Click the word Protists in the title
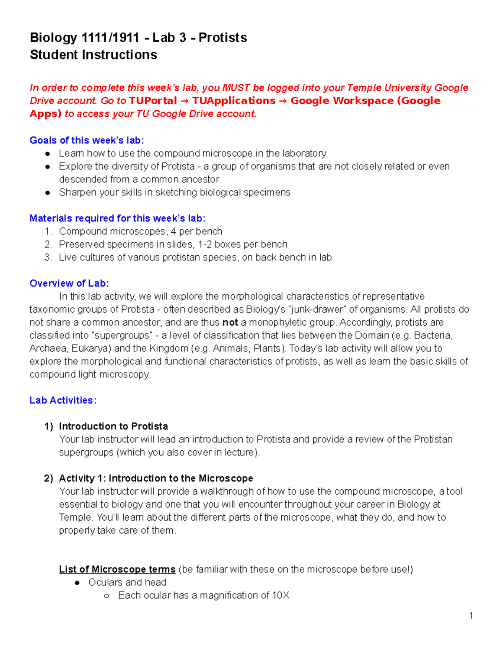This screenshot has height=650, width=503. [223, 38]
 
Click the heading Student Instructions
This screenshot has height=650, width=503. [93, 55]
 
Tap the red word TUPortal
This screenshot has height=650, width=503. [153, 101]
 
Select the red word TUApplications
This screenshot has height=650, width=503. [233, 101]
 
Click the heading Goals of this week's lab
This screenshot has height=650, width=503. [86, 140]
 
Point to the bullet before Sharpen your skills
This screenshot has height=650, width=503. [48, 193]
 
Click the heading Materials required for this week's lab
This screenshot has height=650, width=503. [117, 218]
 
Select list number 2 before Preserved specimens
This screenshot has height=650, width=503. [48, 244]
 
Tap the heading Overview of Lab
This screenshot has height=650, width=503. [69, 283]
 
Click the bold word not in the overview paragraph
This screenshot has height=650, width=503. [230, 323]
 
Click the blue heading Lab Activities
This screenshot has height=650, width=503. [63, 401]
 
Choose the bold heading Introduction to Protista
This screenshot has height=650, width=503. [113, 426]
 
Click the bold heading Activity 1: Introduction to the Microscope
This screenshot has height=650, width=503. [156, 478]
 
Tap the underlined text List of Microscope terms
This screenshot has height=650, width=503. [117, 570]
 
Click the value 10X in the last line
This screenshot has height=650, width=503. [280, 596]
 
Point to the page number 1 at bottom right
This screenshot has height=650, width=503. [471, 616]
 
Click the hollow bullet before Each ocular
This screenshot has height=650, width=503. [106, 596]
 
